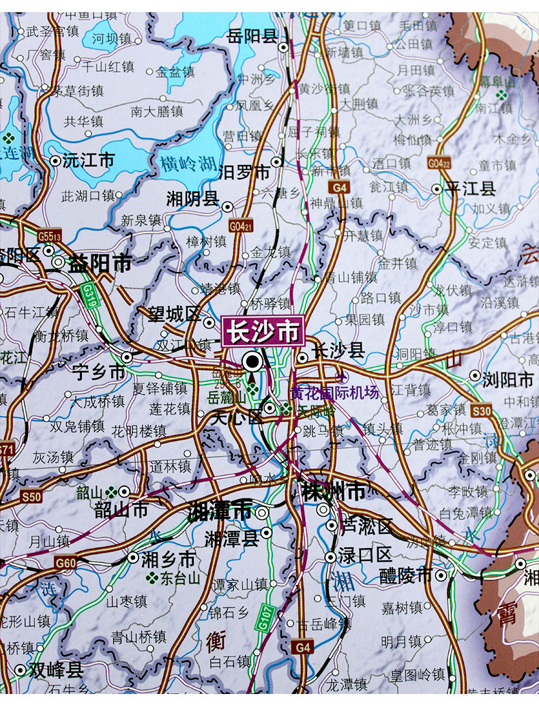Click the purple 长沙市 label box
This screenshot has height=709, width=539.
pyautogui.click(x=263, y=332)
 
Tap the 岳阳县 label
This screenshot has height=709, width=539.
pyautogui.click(x=252, y=35)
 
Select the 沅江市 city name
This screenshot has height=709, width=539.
pyautogui.click(x=89, y=161)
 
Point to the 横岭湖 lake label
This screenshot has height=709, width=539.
pyautogui.click(x=188, y=164)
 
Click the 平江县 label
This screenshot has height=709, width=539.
pyautogui.click(x=470, y=189)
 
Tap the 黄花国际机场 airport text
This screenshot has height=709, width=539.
pyautogui.click(x=334, y=393)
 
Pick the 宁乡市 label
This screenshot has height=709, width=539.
pyautogui.click(x=99, y=372)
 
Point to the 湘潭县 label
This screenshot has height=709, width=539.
pyautogui.click(x=232, y=539)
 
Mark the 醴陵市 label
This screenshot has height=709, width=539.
pyautogui.click(x=406, y=575)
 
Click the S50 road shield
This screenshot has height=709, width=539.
pyautogui.click(x=31, y=496)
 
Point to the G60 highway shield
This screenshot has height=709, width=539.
pyautogui.click(x=65, y=563)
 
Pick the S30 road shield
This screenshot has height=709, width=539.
pyautogui.click(x=482, y=410)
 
